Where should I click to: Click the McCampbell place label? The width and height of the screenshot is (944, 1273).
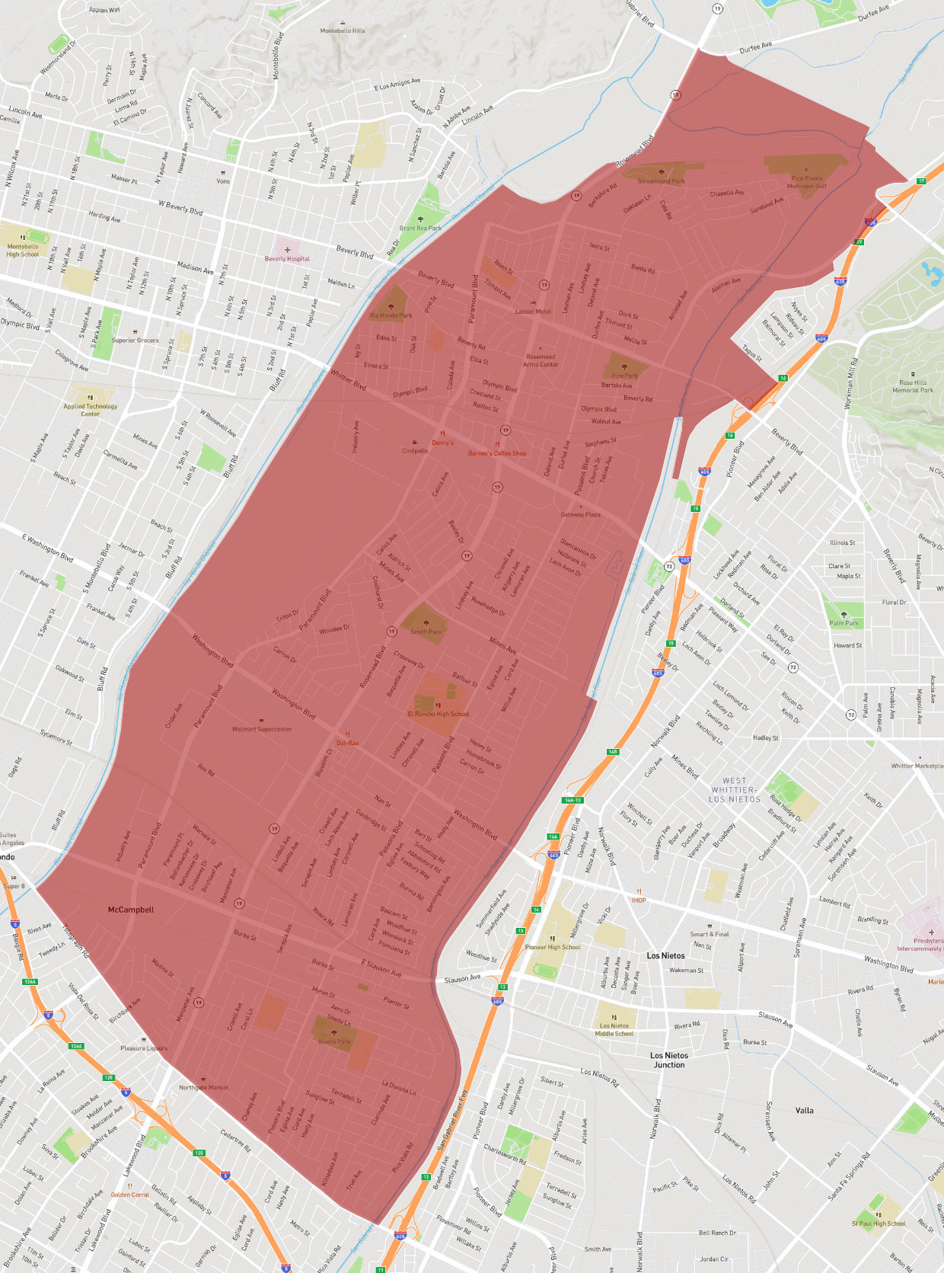click(131, 910)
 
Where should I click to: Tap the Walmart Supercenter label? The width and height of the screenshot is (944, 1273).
click(261, 729)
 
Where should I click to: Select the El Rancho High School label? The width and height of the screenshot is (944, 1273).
click(439, 714)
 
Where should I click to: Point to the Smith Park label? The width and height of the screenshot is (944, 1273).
click(426, 632)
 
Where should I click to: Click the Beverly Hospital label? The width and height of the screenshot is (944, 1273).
click(287, 258)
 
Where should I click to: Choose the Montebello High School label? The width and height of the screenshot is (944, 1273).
click(23, 250)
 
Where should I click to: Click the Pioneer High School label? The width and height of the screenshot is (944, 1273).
click(552, 947)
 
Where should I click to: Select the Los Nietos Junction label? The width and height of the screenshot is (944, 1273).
click(668, 1060)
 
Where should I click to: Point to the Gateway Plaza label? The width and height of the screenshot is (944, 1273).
click(580, 514)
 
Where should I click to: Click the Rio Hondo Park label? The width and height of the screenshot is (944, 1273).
click(391, 315)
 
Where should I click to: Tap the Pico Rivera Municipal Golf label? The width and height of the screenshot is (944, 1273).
click(806, 182)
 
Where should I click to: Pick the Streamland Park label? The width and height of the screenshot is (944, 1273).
click(661, 181)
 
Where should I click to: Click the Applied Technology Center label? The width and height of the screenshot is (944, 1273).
click(90, 410)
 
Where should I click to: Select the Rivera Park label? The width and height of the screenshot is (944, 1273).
click(334, 1041)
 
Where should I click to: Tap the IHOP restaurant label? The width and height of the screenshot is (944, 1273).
click(638, 900)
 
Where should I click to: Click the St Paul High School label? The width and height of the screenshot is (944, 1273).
click(879, 1223)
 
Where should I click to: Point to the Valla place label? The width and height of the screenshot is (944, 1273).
click(804, 1110)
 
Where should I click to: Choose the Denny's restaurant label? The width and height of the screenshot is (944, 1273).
click(442, 443)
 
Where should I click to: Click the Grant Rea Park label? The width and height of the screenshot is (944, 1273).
click(420, 228)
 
